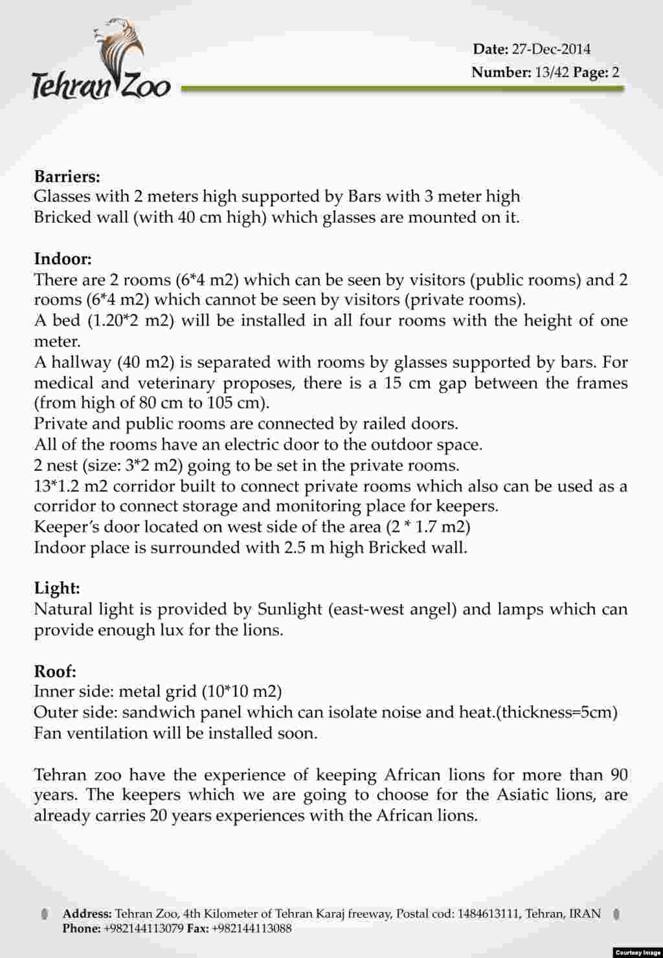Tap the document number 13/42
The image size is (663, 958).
(x=552, y=72)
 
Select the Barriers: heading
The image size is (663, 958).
(x=67, y=176)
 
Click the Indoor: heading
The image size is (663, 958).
(x=63, y=259)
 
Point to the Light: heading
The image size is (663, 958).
(x=57, y=588)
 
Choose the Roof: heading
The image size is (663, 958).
(x=55, y=671)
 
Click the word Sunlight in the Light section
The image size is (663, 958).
(x=289, y=610)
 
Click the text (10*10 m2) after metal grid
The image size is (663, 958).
(x=242, y=692)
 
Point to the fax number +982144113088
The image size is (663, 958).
(x=251, y=928)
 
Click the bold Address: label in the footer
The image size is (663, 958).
(x=87, y=914)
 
